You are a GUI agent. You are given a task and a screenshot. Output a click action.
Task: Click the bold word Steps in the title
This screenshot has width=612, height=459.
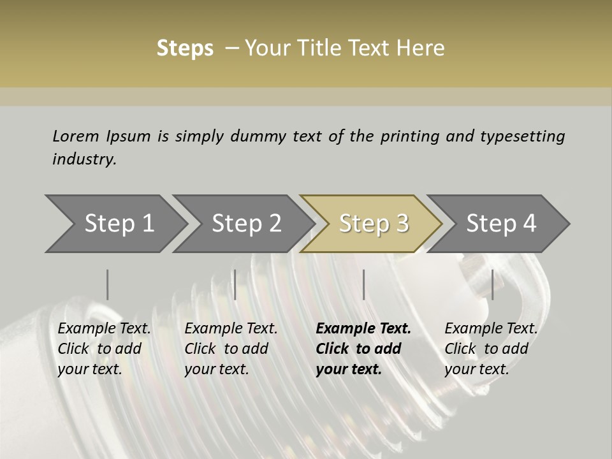click(x=185, y=48)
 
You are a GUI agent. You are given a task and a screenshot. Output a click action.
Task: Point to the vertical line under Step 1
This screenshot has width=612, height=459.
click(x=108, y=284)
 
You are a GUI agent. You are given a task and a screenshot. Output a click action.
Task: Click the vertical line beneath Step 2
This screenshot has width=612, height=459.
click(x=235, y=284)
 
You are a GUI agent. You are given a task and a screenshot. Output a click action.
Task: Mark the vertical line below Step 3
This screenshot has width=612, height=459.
click(x=363, y=284)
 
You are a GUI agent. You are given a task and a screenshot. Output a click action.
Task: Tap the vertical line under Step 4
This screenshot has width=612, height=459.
click(x=492, y=284)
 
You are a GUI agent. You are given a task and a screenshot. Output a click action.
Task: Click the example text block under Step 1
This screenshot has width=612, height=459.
click(x=104, y=349)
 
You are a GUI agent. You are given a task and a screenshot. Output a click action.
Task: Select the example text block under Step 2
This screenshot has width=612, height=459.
click(x=231, y=349)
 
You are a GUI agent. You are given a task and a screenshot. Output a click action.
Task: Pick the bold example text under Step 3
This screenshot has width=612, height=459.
click(x=363, y=349)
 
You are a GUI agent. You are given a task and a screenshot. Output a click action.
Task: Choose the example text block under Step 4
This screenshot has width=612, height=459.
click(x=491, y=349)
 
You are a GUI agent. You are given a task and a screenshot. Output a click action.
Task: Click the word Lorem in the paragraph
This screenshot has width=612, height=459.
click(x=75, y=136)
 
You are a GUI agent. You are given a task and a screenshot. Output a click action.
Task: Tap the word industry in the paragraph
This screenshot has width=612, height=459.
click(x=84, y=159)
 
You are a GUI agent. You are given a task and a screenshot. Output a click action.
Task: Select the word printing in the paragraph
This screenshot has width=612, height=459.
click(x=410, y=136)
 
